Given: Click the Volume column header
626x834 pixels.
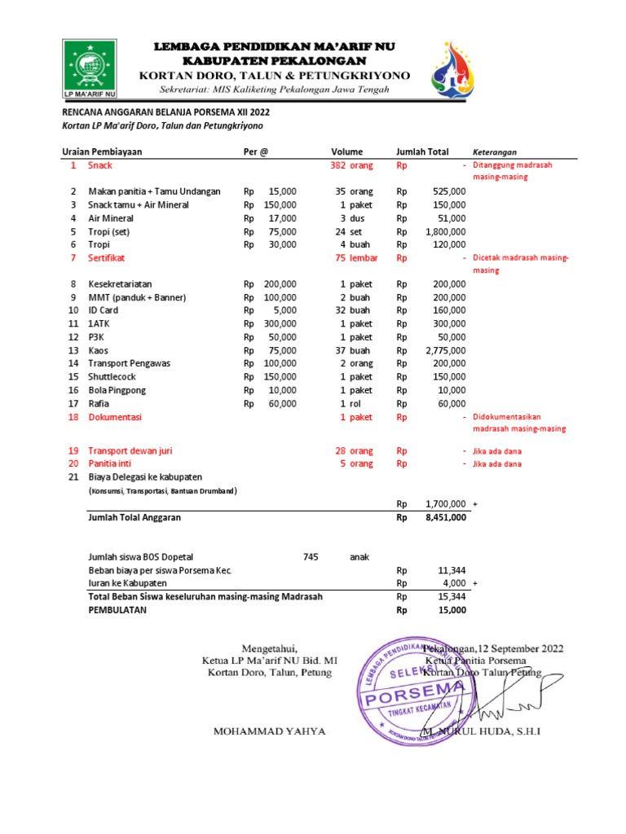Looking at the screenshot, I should [x=346, y=152].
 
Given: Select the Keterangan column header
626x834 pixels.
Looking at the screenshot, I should [x=495, y=152].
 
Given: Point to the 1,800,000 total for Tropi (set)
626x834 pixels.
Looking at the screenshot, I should [x=444, y=231].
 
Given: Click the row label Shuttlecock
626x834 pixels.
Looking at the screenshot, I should [x=113, y=376].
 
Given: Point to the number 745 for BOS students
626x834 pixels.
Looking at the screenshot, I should [x=310, y=557].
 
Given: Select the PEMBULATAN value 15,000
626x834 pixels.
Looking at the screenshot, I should [x=452, y=609].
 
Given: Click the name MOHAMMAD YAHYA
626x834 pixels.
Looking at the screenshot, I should [x=269, y=731].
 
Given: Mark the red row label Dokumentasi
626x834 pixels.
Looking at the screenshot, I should [x=114, y=417].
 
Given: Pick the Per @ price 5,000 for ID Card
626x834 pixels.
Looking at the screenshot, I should [x=283, y=310].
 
